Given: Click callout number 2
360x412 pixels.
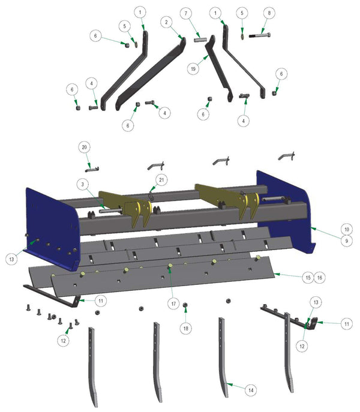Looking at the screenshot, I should pyautogui.click(x=164, y=22).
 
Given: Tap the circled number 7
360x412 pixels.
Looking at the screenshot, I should pyautogui.click(x=186, y=13).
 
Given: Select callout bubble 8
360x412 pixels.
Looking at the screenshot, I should pyautogui.click(x=269, y=13).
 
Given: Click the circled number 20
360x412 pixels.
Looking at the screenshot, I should pyautogui.click(x=85, y=148).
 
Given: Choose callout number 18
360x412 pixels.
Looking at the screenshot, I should pyautogui.click(x=185, y=329).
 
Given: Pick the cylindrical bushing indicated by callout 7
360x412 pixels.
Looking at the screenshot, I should pyautogui.click(x=200, y=40).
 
